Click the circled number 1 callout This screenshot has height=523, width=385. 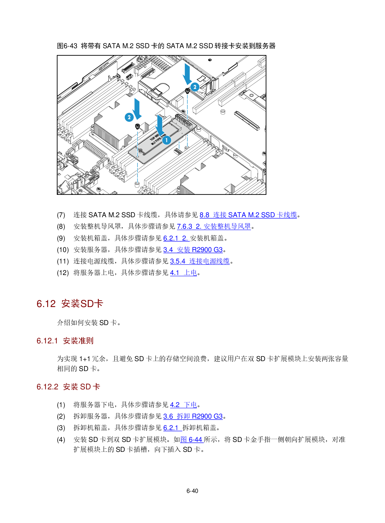click(x=166, y=140)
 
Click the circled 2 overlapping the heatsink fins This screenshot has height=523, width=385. click(x=129, y=117)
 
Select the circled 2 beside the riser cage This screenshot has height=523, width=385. click(x=195, y=87)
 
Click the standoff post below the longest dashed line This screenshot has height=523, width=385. click(x=137, y=185)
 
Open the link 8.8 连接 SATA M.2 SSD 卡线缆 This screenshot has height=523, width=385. click(x=248, y=215)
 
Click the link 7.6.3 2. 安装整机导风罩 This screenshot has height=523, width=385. click(x=214, y=227)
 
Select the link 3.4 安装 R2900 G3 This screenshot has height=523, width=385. click(x=193, y=250)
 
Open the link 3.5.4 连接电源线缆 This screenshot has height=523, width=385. click(x=200, y=261)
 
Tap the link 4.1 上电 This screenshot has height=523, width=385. click(x=183, y=273)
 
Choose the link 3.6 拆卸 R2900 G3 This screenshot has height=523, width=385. click(x=193, y=416)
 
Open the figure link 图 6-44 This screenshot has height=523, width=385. click(x=192, y=440)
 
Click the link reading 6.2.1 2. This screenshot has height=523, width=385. click(x=176, y=238)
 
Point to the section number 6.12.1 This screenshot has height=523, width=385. click(x=47, y=341)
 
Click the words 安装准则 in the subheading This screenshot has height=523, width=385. click(x=78, y=341)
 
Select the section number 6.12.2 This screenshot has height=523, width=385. click(x=48, y=387)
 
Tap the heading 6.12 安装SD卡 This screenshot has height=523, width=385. click(x=70, y=304)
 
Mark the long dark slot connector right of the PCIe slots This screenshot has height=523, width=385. click(x=247, y=120)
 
